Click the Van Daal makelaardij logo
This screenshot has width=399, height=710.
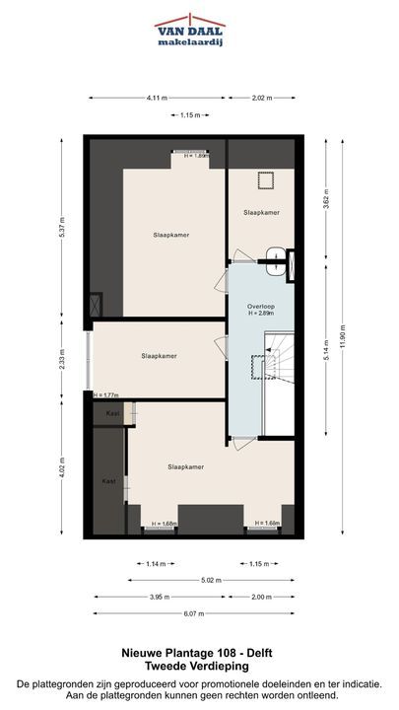(190, 31)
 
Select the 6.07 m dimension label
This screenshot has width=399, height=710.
(194, 613)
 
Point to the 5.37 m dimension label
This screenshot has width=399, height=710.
(62, 229)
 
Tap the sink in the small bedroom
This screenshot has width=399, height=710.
(275, 261)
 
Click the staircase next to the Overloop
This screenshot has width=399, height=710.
(279, 357)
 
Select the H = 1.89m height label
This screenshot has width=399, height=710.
(196, 156)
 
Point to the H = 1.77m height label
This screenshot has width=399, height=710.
(105, 395)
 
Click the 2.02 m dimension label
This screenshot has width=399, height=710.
(261, 98)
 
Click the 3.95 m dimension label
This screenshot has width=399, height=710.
(160, 597)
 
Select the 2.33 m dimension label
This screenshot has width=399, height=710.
(62, 359)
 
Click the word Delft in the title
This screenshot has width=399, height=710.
(260, 653)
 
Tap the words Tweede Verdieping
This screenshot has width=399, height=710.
(197, 666)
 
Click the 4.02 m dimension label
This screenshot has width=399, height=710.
(62, 468)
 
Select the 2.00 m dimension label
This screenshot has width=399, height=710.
(261, 597)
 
